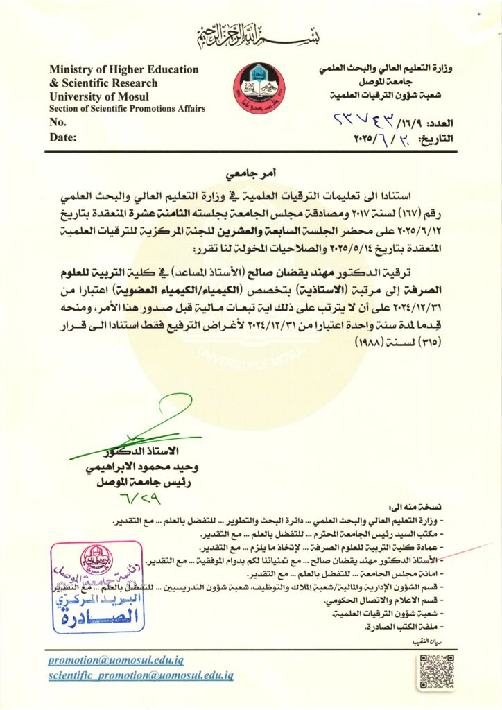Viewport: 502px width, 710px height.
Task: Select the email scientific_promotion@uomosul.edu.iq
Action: pos(141,675)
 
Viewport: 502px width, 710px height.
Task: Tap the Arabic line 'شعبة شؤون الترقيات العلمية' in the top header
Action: pos(395,95)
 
